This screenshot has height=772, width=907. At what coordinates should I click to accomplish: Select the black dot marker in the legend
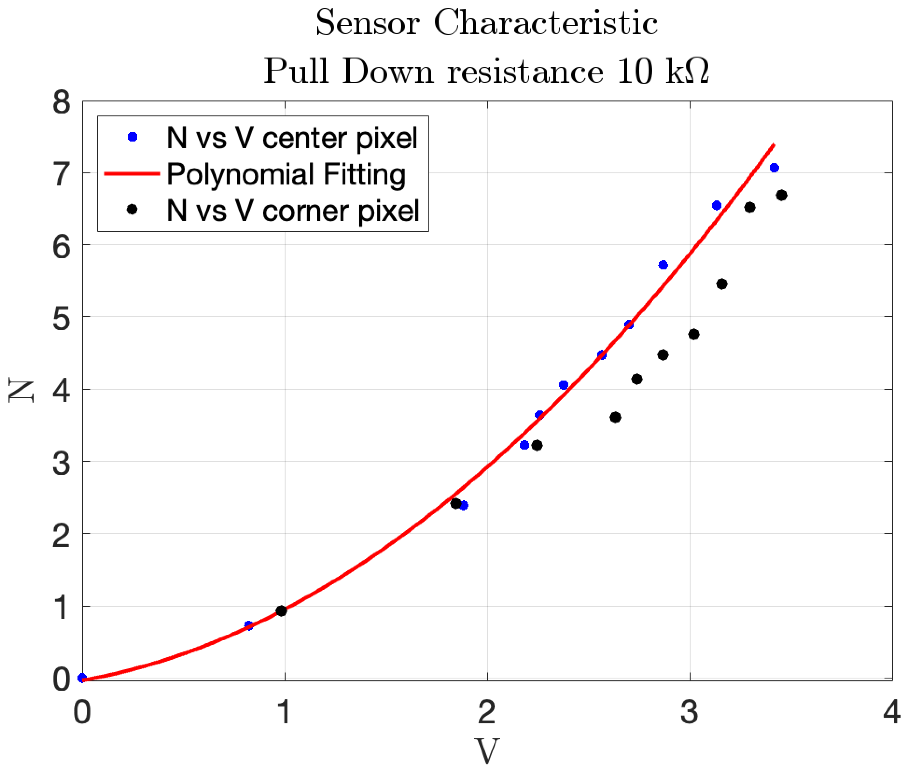[132, 210]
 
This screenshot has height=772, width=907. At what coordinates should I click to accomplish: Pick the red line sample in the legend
[132, 174]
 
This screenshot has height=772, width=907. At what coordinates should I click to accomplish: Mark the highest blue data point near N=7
[774, 168]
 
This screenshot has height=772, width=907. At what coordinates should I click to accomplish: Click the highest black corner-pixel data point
[781, 195]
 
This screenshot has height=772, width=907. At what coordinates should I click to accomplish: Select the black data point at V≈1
[281, 611]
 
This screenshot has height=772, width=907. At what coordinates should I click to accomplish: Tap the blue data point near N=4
[563, 385]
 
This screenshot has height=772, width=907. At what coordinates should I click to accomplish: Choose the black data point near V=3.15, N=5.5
[721, 284]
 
